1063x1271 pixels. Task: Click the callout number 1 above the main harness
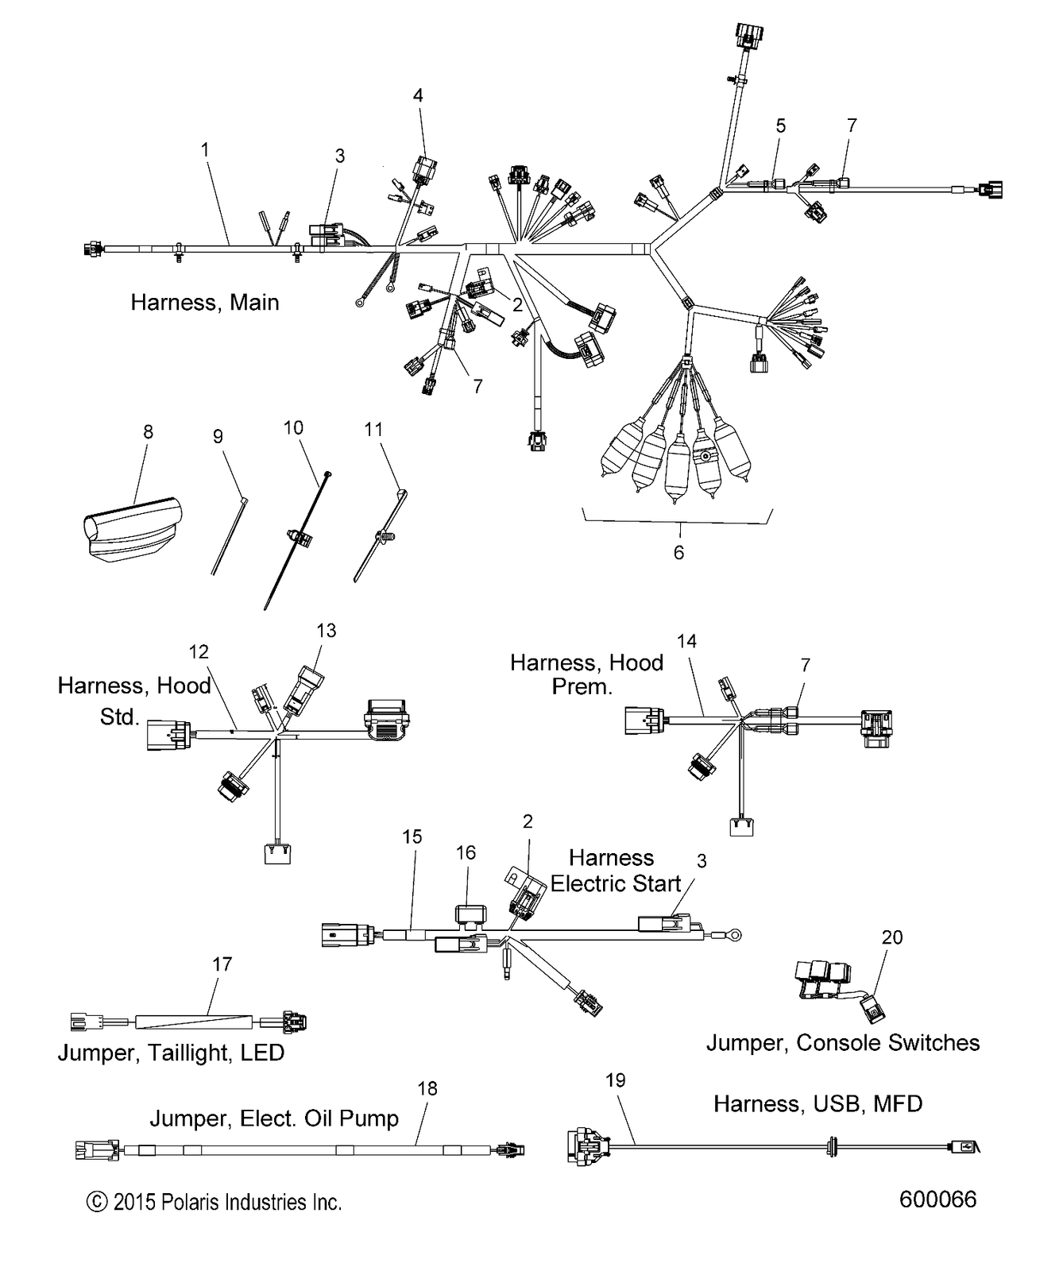(x=205, y=149)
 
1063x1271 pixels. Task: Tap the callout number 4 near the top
(x=418, y=96)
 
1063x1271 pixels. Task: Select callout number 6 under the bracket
(x=678, y=552)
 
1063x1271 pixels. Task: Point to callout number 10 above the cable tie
(x=293, y=428)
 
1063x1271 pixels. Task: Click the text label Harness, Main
(x=205, y=302)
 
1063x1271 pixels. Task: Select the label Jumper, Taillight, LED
(x=171, y=1053)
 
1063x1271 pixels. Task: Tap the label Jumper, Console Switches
(x=843, y=1043)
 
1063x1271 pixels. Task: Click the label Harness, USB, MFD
(x=818, y=1103)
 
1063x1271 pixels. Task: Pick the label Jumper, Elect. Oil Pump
(x=274, y=1118)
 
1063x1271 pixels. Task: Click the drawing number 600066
(x=937, y=1199)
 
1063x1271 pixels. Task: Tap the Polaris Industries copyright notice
(x=215, y=1203)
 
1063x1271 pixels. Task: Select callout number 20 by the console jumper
(x=892, y=937)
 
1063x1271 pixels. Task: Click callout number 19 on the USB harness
(x=616, y=1080)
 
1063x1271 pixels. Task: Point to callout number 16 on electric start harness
(x=466, y=852)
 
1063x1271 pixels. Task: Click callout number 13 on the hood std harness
(x=327, y=631)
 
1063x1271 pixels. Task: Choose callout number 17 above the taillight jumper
(x=222, y=964)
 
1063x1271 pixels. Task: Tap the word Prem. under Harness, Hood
(x=582, y=686)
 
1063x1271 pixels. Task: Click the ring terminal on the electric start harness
(x=735, y=934)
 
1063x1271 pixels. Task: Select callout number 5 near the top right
(x=781, y=126)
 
